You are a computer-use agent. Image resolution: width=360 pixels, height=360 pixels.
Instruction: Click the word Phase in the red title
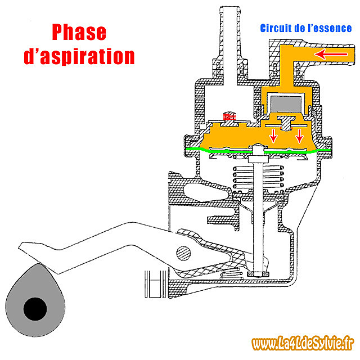click(x=79, y=33)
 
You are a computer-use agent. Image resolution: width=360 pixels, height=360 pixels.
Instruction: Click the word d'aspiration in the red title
click(x=79, y=56)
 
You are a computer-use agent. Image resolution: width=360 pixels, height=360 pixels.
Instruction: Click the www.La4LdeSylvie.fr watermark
click(x=303, y=344)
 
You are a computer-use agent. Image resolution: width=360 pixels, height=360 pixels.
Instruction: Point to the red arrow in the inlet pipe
click(x=331, y=54)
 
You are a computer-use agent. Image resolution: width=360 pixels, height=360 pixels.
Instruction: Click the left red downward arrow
click(x=273, y=136)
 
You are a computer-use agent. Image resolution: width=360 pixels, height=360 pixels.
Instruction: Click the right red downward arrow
click(x=299, y=136)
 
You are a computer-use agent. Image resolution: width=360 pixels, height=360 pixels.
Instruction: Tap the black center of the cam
click(x=35, y=309)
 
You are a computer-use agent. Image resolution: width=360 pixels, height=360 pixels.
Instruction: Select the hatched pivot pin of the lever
click(x=183, y=254)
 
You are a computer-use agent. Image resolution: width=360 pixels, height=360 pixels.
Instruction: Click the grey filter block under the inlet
click(x=286, y=104)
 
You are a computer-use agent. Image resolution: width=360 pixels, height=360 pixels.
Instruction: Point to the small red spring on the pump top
click(x=229, y=116)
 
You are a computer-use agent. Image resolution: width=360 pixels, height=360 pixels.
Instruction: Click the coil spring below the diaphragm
click(x=258, y=178)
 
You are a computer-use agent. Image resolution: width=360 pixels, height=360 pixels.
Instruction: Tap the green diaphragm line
click(x=258, y=151)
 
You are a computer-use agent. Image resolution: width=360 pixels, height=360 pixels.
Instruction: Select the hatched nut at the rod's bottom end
click(x=258, y=274)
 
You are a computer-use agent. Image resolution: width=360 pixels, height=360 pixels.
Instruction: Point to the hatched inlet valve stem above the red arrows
click(x=286, y=124)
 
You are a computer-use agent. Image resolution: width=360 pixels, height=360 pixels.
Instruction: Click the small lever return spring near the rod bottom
click(x=231, y=273)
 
